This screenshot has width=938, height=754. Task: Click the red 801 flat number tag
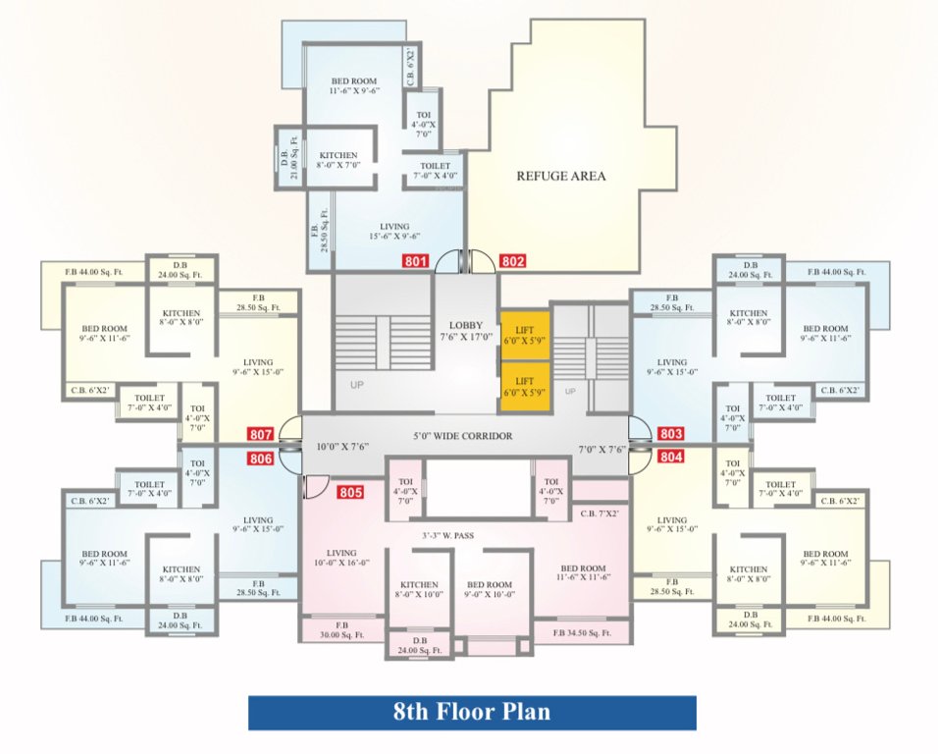(x=416, y=261)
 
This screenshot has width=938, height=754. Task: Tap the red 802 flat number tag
(x=513, y=261)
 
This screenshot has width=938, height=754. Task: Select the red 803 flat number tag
(x=671, y=433)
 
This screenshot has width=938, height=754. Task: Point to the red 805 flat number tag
(x=350, y=492)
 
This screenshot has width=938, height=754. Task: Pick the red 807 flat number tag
(x=260, y=434)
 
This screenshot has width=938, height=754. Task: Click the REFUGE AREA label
(x=560, y=177)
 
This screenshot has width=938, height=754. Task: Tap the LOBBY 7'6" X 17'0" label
(x=466, y=332)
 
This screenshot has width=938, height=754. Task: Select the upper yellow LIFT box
(x=524, y=336)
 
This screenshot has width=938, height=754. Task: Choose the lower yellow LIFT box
(x=524, y=386)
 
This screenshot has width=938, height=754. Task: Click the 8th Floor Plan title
(x=472, y=712)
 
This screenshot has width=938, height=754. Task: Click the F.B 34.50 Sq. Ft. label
(x=581, y=633)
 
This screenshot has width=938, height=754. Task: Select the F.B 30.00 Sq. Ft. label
(x=342, y=630)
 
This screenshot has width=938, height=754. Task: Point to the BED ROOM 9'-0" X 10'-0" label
(x=490, y=587)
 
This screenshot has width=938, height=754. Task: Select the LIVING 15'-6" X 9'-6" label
(x=394, y=232)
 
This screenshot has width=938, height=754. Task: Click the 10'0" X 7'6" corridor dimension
(x=341, y=447)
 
